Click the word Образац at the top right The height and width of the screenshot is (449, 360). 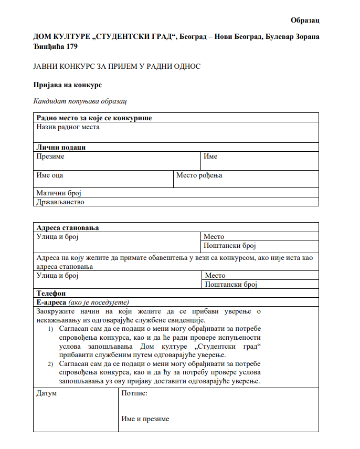pyautogui.click(x=305, y=20)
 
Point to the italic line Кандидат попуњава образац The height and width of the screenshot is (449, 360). pyautogui.click(x=80, y=101)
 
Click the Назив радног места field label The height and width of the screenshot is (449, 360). pyautogui.click(x=68, y=127)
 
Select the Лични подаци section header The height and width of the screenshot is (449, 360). pyautogui.click(x=61, y=147)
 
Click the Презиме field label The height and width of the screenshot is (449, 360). pyautogui.click(x=50, y=156)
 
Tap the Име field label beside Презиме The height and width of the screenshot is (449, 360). pyautogui.click(x=210, y=156)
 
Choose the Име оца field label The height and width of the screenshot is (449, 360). pyautogui.click(x=50, y=175)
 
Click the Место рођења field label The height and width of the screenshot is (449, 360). pyautogui.click(x=199, y=175)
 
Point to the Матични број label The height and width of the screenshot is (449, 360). pyautogui.click(x=59, y=193)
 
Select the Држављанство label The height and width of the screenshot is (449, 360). pyautogui.click(x=60, y=202)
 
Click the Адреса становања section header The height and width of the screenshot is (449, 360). pyautogui.click(x=68, y=228)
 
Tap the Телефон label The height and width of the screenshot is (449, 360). pyautogui.click(x=51, y=293)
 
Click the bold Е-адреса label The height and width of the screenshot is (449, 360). pyautogui.click(x=51, y=302)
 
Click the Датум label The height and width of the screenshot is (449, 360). pyautogui.click(x=46, y=393)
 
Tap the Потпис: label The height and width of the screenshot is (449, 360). pyautogui.click(x=134, y=393)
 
